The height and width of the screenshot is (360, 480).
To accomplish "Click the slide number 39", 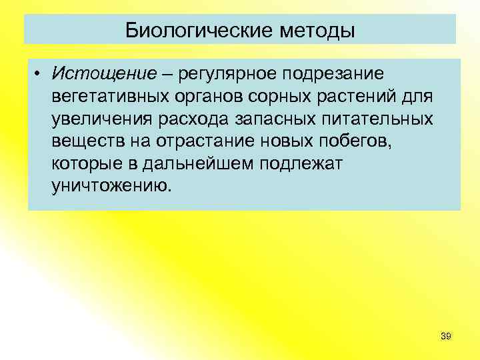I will click(x=446, y=337).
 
